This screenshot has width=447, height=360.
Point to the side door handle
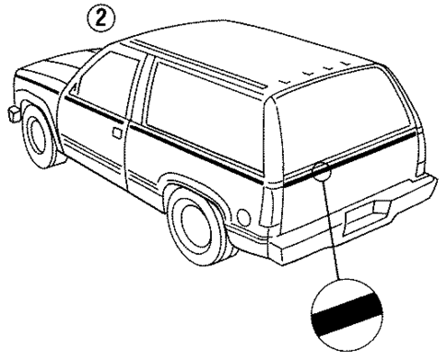point(116,133)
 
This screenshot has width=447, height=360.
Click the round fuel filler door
point(243,217)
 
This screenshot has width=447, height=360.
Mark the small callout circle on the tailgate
point(322,171)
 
